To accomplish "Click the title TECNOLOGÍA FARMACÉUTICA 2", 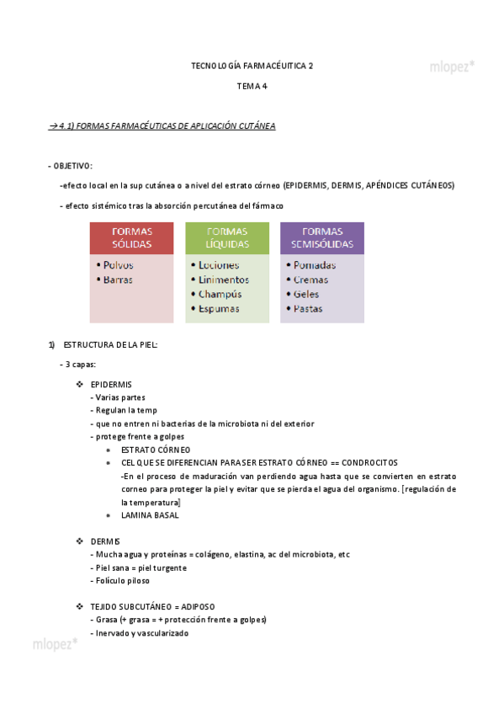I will point(252,65).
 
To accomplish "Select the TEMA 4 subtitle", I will point(252,86).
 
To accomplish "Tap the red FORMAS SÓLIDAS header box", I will point(132,237).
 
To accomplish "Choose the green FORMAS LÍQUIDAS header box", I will point(227,237).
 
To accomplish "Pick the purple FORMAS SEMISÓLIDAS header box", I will point(322,237).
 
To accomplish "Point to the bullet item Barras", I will point(118,280).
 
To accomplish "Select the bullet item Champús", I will point(220,294).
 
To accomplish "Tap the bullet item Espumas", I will point(219,308).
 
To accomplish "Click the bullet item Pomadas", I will point(315,265).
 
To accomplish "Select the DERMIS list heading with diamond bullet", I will point(105,541).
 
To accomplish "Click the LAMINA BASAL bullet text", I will point(150,515).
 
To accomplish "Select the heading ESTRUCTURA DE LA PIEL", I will point(110,345).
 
